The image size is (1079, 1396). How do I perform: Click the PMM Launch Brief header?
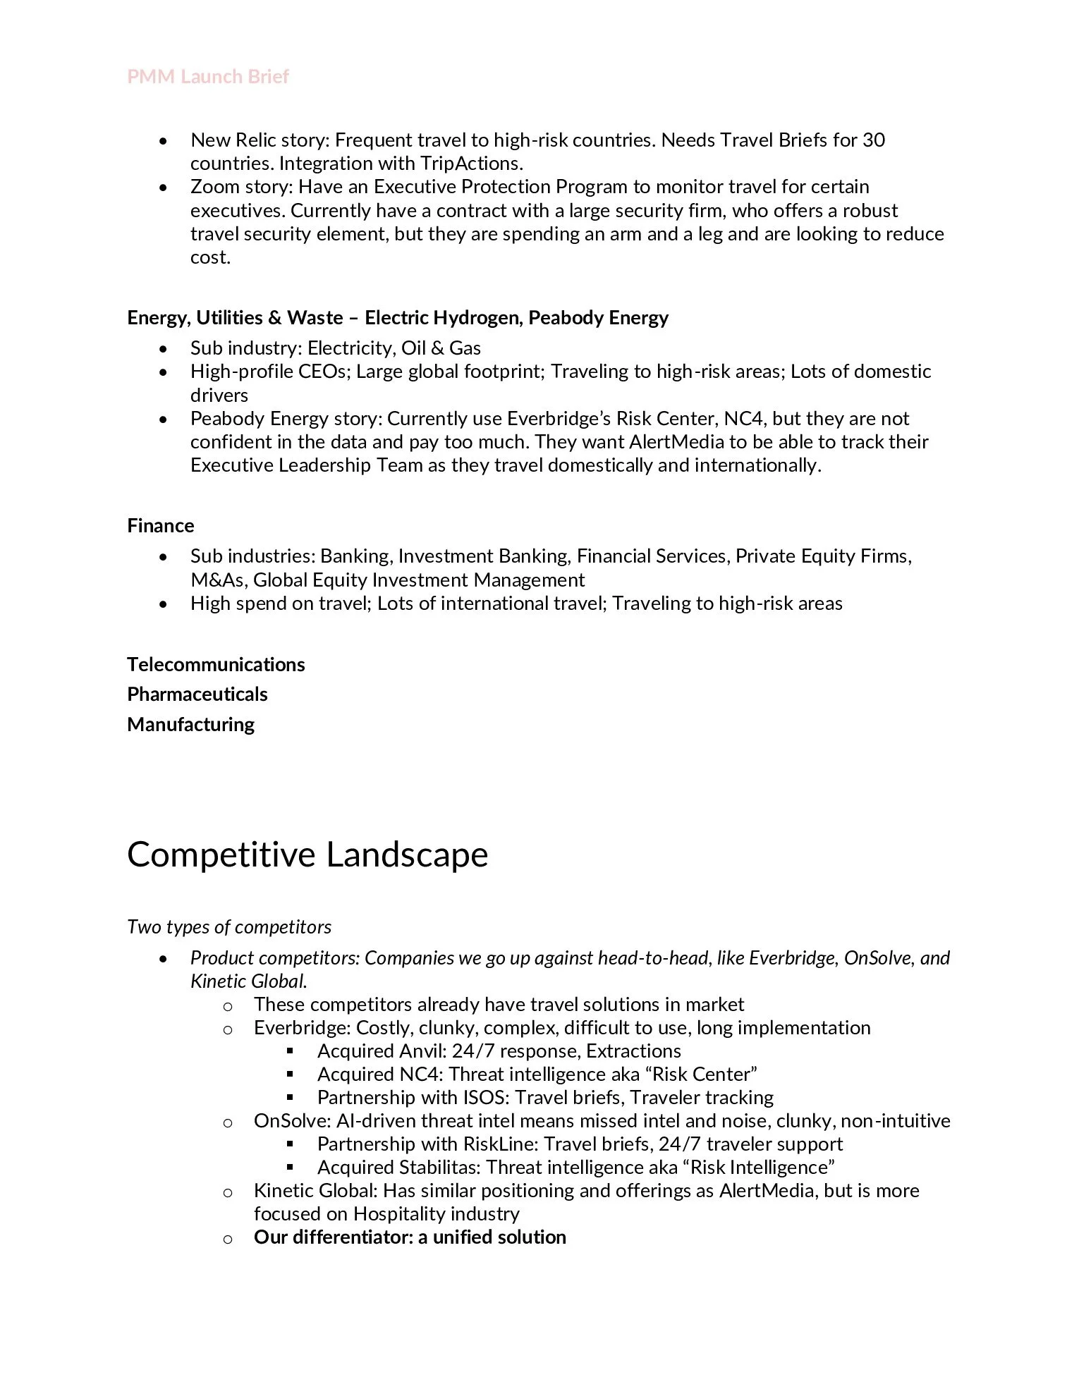208,76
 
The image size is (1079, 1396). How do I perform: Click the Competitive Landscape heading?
307,854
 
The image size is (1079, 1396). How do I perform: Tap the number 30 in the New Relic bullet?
873,140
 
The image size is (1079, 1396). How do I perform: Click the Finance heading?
161,525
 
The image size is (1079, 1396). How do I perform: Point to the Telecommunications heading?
216,664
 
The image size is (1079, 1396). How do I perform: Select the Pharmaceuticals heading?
197,694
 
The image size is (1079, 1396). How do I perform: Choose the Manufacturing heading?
190,724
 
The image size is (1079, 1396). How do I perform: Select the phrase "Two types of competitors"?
229,926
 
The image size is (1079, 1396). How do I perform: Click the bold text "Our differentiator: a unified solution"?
410,1237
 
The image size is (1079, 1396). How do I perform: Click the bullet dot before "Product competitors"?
164,958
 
